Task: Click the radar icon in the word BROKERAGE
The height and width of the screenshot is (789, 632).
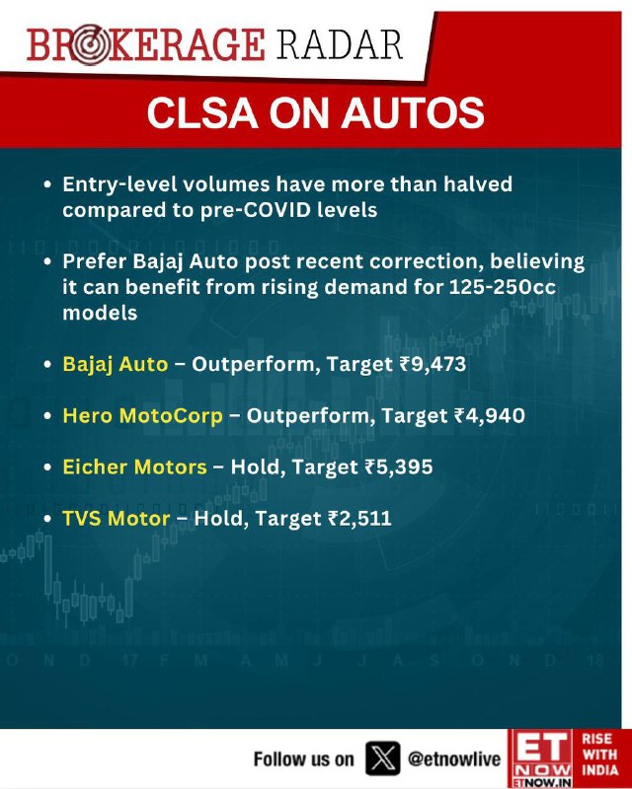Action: (x=90, y=45)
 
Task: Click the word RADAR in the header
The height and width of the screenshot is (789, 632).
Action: (x=339, y=44)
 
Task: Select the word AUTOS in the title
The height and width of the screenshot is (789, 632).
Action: (x=413, y=112)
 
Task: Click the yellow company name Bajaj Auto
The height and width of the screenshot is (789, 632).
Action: (x=115, y=364)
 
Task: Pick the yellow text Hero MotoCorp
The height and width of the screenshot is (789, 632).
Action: (x=142, y=415)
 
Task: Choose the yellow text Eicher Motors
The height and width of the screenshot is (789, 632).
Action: (x=134, y=466)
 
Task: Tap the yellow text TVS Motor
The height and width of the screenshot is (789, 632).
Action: (x=116, y=519)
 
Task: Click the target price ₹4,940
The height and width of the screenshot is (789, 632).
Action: (x=490, y=415)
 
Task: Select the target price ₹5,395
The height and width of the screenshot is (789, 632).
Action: (x=398, y=466)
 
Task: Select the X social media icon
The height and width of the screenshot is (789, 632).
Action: (x=383, y=758)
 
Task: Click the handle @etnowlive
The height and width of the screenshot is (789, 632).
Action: (x=454, y=758)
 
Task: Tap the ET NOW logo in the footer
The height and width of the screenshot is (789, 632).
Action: (x=540, y=758)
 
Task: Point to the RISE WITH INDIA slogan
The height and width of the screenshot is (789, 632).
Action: (x=599, y=753)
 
